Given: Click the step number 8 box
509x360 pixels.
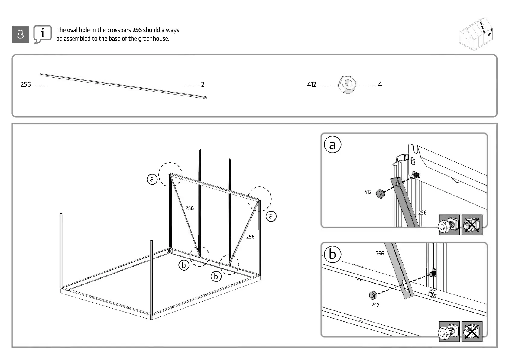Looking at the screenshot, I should pos(21,34).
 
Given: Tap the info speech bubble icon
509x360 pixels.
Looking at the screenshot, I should pos(42,34).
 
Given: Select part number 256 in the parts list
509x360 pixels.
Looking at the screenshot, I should pos(26,85).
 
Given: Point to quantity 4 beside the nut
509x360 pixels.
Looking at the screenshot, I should pos(380,85).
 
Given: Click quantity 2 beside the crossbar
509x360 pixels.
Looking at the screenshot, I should pos(203,85).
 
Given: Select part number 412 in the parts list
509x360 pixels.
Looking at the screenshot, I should pos(312,85).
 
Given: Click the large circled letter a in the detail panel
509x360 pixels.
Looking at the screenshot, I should pos(332,145).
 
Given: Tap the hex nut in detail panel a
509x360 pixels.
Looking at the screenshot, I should pos(380,194).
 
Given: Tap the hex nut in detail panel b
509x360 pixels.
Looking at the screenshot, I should pos(373,295).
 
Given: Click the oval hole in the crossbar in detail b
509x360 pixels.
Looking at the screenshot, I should pos(405,286).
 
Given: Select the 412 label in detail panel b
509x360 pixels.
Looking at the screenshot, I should pos(375,306).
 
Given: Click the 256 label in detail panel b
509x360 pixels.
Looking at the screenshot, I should pos(380,254).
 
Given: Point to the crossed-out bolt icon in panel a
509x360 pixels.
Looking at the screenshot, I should pos(472,225).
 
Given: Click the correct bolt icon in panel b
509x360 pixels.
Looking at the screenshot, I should pos(449,332).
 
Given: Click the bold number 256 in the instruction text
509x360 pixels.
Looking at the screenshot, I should pos(137,30).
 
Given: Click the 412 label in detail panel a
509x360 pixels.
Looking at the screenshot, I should pos(368,192).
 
